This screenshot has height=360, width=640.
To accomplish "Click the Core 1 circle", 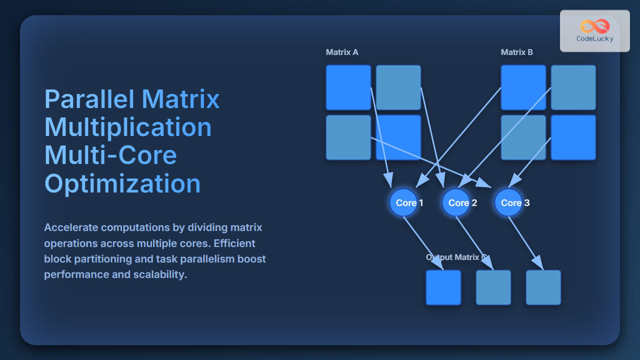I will tap(403, 202).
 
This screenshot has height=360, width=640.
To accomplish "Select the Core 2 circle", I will tap(456, 202).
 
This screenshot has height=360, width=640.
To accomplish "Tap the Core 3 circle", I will tap(508, 202).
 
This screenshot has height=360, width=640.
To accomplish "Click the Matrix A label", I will tap(342, 52).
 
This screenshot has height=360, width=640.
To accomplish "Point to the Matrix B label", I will tap(517, 52).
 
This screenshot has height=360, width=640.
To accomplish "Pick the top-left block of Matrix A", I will tap(348, 87).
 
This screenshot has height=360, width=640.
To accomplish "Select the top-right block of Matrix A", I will tap(398, 87).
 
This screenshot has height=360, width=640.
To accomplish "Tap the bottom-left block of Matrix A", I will tap(348, 137).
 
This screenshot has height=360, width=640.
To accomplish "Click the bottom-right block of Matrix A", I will tap(398, 137).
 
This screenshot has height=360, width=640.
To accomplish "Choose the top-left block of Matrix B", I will tap(523, 87).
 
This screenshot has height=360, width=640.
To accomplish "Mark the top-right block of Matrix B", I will tap(573, 87).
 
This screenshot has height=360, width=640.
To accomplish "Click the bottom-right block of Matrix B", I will tap(573, 137).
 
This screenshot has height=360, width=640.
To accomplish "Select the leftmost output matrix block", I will tap(443, 287).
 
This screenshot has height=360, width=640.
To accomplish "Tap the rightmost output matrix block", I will tap(543, 287).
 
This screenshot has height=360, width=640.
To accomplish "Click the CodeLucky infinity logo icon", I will tap(595, 26).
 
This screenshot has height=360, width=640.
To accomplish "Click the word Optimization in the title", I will tap(122, 183).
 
